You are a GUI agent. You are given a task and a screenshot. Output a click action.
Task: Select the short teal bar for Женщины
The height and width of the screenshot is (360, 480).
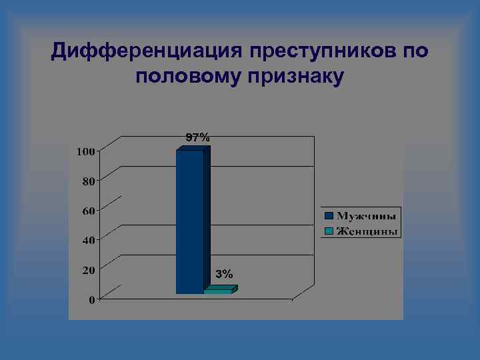pyautogui.click(x=218, y=291)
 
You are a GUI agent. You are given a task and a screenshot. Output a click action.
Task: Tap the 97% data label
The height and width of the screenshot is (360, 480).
pyautogui.click(x=197, y=137)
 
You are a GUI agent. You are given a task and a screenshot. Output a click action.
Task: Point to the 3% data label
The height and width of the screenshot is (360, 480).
pyautogui.click(x=225, y=274)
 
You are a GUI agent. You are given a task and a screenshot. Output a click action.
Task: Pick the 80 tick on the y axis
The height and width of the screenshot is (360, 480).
pyautogui.click(x=88, y=181)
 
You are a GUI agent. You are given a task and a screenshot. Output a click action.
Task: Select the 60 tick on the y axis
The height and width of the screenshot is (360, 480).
pyautogui.click(x=88, y=211)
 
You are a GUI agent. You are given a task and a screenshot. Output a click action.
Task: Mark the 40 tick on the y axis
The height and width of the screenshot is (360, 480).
pyautogui.click(x=88, y=240)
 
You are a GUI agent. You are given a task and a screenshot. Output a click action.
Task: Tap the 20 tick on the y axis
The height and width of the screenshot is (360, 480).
pyautogui.click(x=88, y=270)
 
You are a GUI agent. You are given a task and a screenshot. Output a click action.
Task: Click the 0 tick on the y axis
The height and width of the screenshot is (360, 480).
pyautogui.click(x=91, y=300)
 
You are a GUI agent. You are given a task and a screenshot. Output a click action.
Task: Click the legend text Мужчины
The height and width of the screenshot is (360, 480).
pyautogui.click(x=367, y=216)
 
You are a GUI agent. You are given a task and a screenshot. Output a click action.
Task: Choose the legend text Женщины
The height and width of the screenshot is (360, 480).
pyautogui.click(x=367, y=232)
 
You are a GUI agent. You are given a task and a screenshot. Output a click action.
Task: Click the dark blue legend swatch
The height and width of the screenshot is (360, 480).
pyautogui.click(x=329, y=216)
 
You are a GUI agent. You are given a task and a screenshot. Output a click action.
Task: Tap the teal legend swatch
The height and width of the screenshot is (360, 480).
pyautogui.click(x=329, y=232)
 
